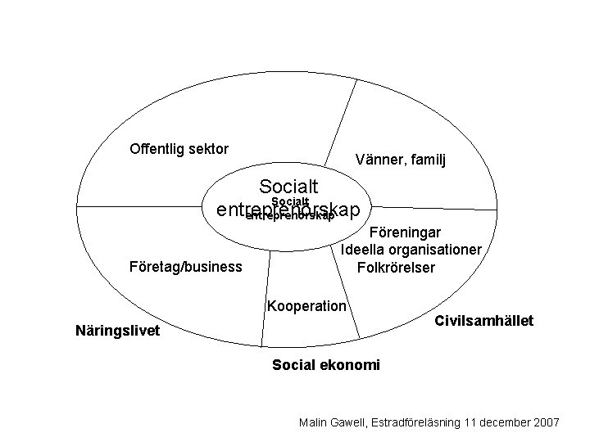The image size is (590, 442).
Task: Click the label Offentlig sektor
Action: pos(179,149)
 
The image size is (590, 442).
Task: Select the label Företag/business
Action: pos(186,267)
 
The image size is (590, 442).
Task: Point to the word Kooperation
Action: pos(307,306)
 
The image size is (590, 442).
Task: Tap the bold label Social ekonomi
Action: pos(325,364)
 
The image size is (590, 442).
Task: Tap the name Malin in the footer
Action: pos(315,422)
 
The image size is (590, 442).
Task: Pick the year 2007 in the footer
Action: pos(545,422)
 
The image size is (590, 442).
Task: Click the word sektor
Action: pos(208,149)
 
